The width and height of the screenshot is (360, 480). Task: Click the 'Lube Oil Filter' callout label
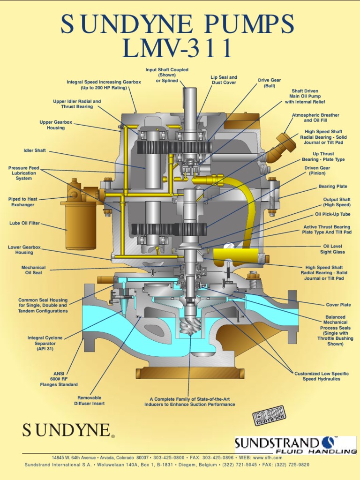[24, 223]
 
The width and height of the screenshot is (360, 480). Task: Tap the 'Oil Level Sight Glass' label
[333, 249]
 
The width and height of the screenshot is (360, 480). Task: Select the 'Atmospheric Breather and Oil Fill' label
[315, 118]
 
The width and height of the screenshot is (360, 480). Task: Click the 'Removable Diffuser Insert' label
[89, 400]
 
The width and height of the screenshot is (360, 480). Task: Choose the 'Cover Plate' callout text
[338, 305]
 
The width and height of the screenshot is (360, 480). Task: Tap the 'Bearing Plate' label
[333, 187]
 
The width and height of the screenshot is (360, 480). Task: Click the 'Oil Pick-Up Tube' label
[332, 214]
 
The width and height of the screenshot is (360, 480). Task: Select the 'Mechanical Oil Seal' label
[33, 270]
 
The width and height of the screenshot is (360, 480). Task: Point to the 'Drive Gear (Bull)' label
[269, 83]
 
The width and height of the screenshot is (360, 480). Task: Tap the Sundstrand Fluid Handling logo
[295, 445]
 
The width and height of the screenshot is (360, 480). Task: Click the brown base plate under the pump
[190, 373]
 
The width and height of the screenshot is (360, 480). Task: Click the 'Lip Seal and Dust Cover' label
[224, 80]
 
